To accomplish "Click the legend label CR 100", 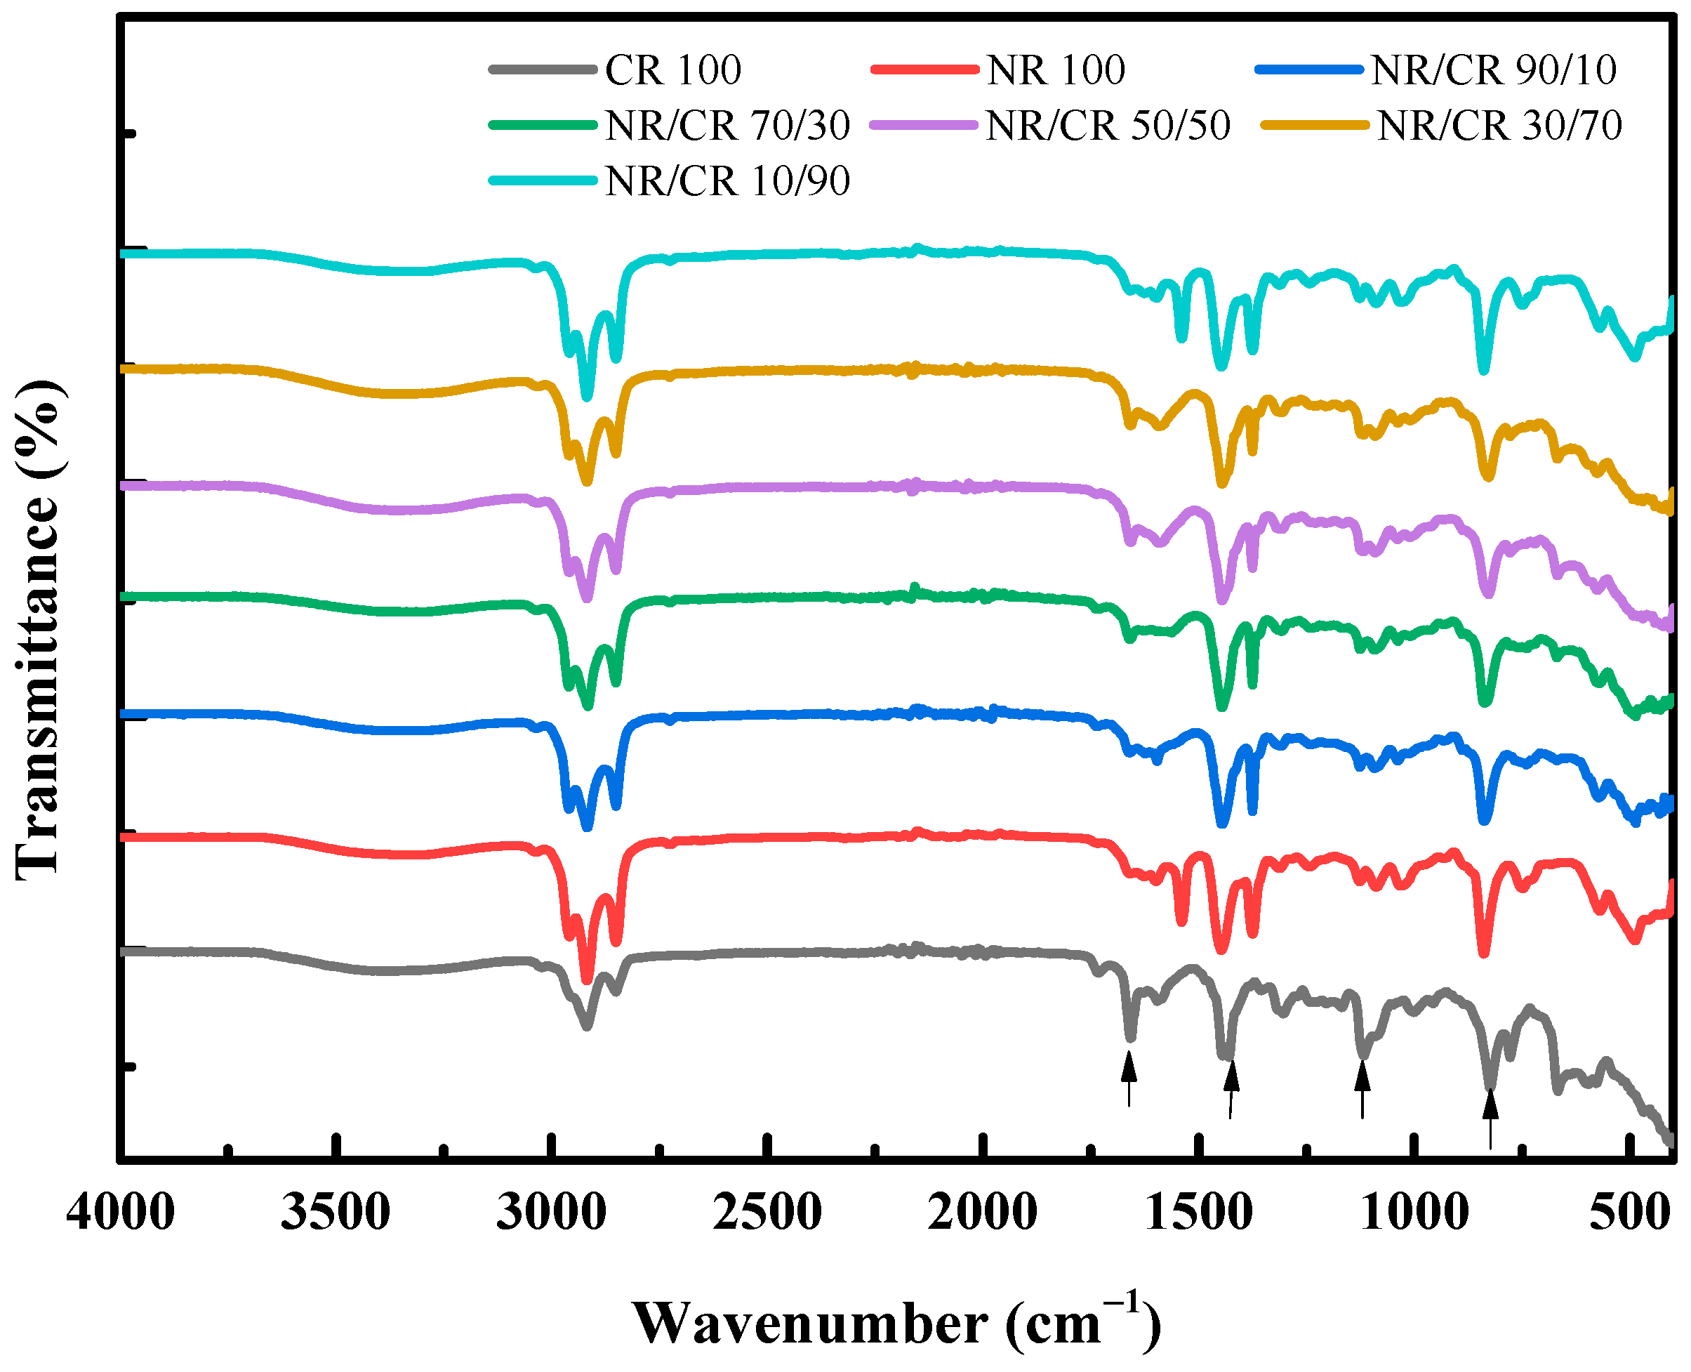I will (672, 70).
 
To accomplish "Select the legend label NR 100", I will (1055, 70).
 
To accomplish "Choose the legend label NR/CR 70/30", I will (727, 125).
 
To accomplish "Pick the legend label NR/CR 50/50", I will (1107, 125).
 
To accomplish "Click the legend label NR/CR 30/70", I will (1499, 125).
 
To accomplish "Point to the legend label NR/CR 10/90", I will (727, 181).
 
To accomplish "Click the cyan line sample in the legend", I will (542, 180).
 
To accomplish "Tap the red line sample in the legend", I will (924, 70).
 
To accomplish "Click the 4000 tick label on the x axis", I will (120, 1212).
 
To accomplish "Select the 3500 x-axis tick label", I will (335, 1212).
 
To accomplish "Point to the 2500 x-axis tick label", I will (767, 1212).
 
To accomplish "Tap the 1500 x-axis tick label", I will (1198, 1212).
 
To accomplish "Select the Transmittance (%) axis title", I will (38, 629).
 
